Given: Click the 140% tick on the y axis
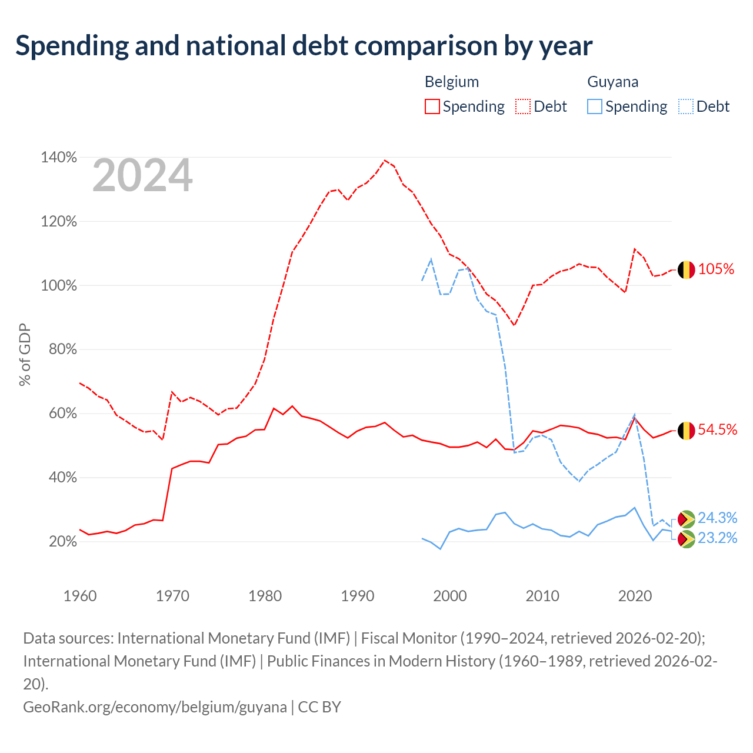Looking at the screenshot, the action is (59, 158).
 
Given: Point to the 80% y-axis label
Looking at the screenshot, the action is (62, 349).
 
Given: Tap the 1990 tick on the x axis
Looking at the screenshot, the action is (358, 596).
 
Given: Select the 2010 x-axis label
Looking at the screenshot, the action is (542, 596).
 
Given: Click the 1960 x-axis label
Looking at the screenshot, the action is (80, 596).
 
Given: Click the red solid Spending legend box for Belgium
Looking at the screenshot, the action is (432, 106).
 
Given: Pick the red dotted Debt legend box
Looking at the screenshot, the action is (523, 106).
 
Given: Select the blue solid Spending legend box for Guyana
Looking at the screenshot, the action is (594, 106).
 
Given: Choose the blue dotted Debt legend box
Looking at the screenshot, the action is (686, 106).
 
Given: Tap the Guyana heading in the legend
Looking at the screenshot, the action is (613, 82).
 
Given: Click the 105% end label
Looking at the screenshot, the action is (716, 269).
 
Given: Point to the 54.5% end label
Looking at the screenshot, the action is (718, 430).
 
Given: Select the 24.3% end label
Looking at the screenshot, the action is (718, 518).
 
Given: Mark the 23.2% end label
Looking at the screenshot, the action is (718, 538).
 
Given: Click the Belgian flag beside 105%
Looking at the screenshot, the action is (686, 269).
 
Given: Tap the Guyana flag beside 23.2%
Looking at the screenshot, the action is (686, 539).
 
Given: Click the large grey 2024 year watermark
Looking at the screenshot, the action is (142, 175).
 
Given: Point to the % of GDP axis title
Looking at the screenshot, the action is (25, 354).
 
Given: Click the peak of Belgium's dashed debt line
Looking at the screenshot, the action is (385, 160).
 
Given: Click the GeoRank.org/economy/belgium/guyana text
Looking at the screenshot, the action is (155, 707).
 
